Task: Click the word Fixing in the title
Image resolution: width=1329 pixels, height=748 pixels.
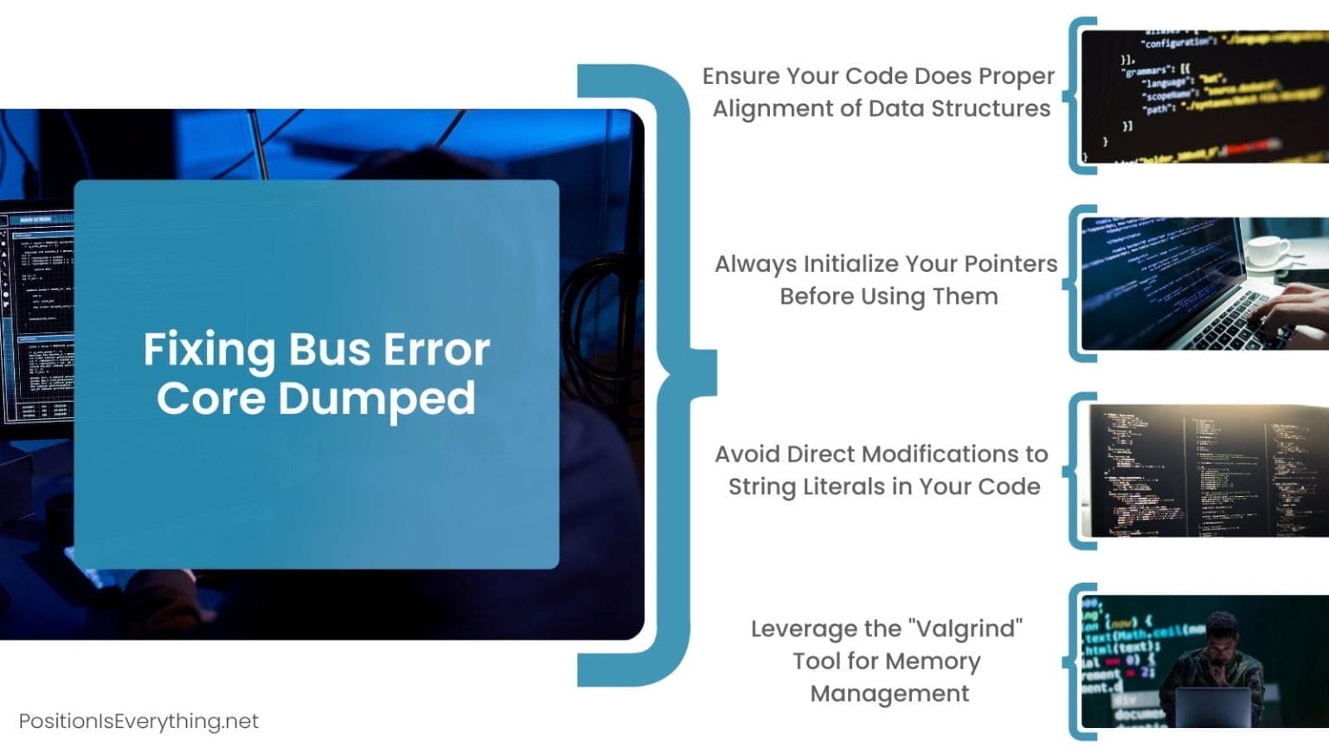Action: pyautogui.click(x=210, y=351)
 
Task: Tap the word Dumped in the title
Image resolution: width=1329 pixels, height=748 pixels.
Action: pyautogui.click(x=376, y=398)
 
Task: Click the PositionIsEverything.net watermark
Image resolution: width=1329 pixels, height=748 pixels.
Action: pyautogui.click(x=138, y=721)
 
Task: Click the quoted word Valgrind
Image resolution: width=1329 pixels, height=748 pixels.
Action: pyautogui.click(x=966, y=629)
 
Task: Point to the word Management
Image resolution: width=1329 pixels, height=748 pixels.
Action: pyautogui.click(x=889, y=693)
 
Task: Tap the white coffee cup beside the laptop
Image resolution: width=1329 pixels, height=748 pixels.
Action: pyautogui.click(x=1268, y=250)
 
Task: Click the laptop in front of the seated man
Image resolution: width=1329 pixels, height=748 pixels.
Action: pyautogui.click(x=1211, y=706)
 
